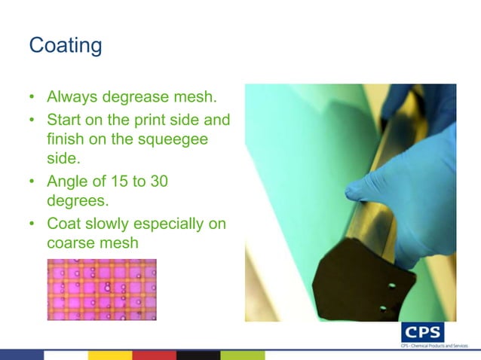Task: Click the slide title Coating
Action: coord(65,45)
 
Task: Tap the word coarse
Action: coord(74,246)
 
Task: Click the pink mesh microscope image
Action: coord(102,289)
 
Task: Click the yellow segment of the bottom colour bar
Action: coord(110,355)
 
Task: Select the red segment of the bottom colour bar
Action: coord(154,355)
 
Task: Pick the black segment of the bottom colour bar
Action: coord(198,355)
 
